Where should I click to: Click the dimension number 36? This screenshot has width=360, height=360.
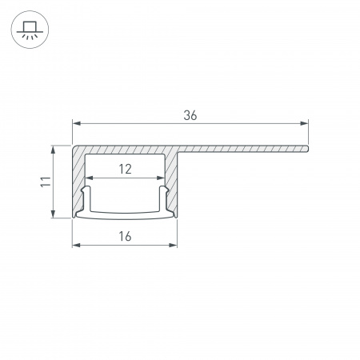190,115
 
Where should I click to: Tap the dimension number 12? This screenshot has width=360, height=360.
125,169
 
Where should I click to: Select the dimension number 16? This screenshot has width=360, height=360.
125,236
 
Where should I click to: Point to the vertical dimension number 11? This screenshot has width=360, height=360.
46,182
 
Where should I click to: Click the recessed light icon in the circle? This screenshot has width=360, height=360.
30,30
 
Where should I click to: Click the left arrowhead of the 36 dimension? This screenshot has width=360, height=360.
77,123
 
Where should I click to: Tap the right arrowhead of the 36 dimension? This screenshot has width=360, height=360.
304,123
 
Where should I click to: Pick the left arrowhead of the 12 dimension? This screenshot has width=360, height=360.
89,178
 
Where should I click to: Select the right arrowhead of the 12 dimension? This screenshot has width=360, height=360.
161,178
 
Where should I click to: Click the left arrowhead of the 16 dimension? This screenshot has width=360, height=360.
77,245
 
